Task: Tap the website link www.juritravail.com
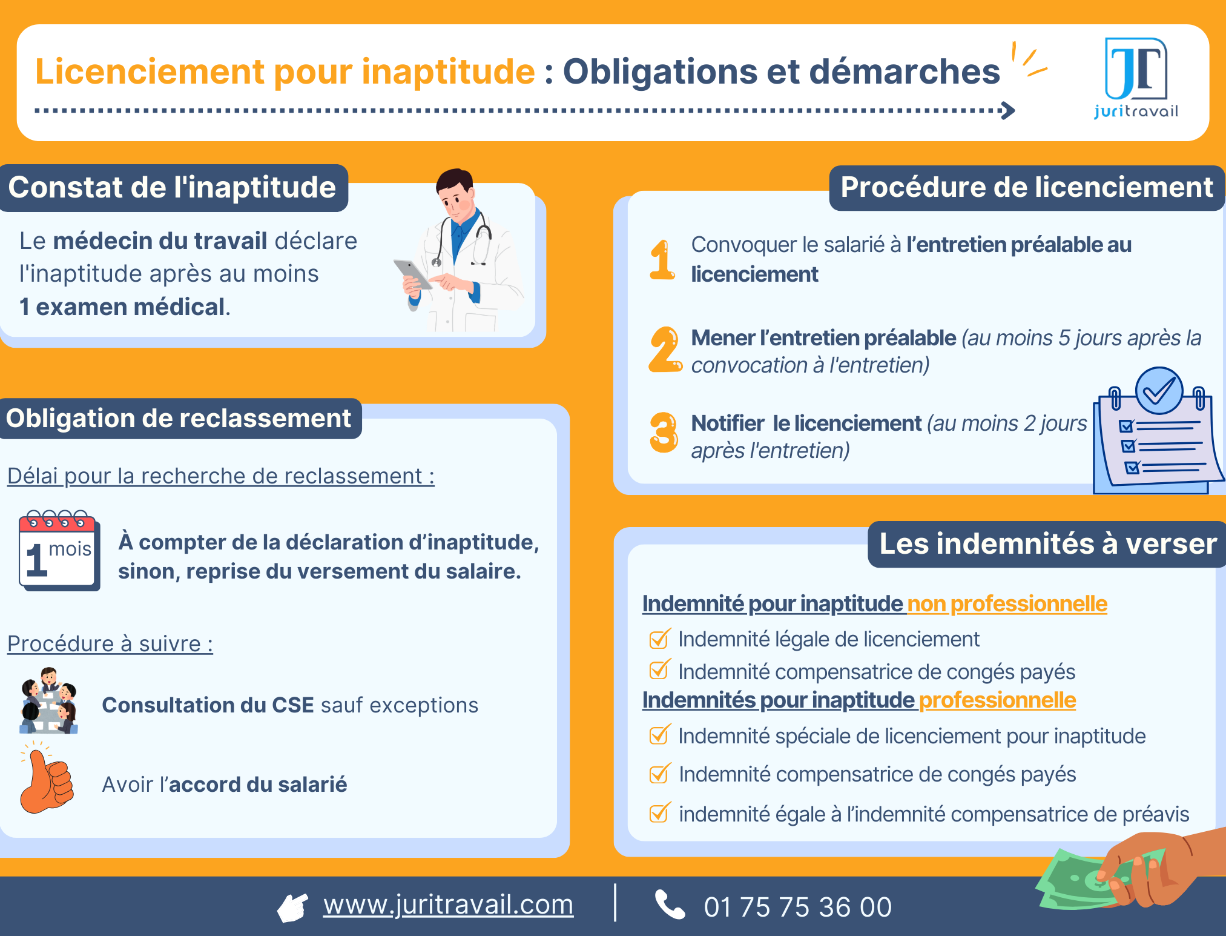(x=448, y=905)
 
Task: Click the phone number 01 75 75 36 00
(x=797, y=908)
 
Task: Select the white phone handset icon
(x=670, y=905)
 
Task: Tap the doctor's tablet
(x=413, y=274)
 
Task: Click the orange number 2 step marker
(x=664, y=350)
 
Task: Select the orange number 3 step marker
(x=664, y=433)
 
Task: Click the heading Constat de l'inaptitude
(x=173, y=188)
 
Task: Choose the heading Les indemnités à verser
(x=1047, y=544)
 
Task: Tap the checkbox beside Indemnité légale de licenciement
(x=659, y=639)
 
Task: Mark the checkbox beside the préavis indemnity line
(x=659, y=813)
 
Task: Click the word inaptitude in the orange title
(x=448, y=71)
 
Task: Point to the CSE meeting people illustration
(x=49, y=701)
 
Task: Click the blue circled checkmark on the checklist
(x=1159, y=391)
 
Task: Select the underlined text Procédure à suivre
(x=110, y=644)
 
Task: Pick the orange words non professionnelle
(x=1007, y=604)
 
